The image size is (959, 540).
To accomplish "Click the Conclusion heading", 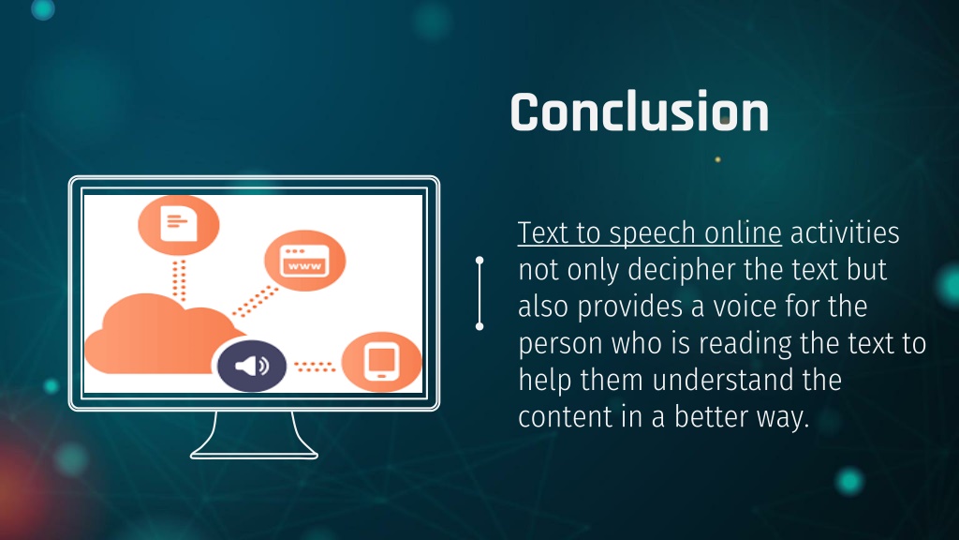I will click(639, 112).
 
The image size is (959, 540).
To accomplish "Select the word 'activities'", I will click(846, 232).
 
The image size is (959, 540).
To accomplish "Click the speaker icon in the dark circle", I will click(251, 366).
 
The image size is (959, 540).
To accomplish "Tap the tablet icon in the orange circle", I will click(381, 363).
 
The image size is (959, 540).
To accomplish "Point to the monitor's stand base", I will click(254, 452).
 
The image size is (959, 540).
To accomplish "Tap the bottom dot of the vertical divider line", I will click(479, 326).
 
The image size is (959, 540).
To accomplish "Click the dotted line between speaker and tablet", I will click(314, 366).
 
